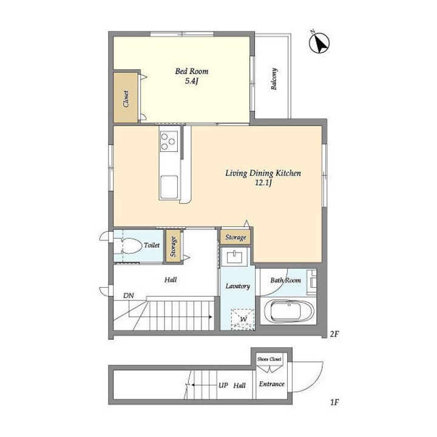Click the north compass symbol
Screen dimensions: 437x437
click(x=319, y=43)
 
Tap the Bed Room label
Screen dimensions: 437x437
click(x=191, y=72)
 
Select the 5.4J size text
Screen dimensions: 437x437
click(x=192, y=81)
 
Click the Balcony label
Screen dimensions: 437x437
click(x=274, y=79)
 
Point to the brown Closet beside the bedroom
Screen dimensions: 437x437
click(x=126, y=98)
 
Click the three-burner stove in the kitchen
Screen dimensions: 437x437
click(x=169, y=141)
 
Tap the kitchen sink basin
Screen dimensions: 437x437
click(x=169, y=187)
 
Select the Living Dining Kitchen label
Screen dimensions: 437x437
click(x=263, y=174)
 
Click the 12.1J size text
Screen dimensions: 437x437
click(x=263, y=183)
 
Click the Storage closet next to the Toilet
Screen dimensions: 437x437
click(x=174, y=246)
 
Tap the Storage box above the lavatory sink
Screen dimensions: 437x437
click(x=235, y=237)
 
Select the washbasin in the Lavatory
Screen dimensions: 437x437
click(x=234, y=257)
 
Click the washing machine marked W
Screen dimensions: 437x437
click(x=243, y=319)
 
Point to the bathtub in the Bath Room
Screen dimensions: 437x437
click(x=288, y=311)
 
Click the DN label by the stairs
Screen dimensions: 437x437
click(x=129, y=296)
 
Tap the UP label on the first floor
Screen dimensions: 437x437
click(x=223, y=385)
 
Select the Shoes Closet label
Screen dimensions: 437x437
click(x=269, y=359)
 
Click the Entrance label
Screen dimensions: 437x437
click(x=272, y=384)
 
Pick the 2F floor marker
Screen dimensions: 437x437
click(x=334, y=334)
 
